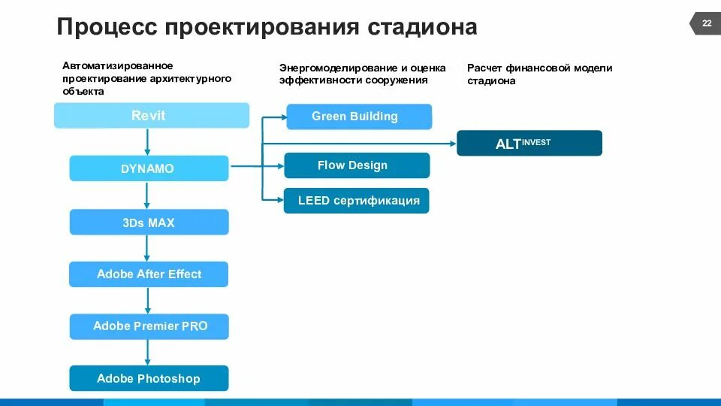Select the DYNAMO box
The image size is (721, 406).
[149, 168]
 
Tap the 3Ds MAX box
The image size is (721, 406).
[149, 223]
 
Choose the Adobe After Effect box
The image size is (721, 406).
[149, 274]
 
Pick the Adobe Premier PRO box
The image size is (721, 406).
[149, 326]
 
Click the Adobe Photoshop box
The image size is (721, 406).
[149, 378]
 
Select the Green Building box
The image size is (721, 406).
[359, 117]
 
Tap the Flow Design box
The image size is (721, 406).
[356, 165]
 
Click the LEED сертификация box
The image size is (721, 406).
[356, 201]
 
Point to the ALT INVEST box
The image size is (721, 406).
[529, 143]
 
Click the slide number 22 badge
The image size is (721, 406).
[706, 24]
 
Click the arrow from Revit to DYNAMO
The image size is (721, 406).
[148, 142]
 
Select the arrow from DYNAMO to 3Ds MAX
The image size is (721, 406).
[148, 195]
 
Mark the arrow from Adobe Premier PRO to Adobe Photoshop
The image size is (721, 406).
[148, 352]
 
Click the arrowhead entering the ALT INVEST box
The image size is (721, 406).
[453, 143]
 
